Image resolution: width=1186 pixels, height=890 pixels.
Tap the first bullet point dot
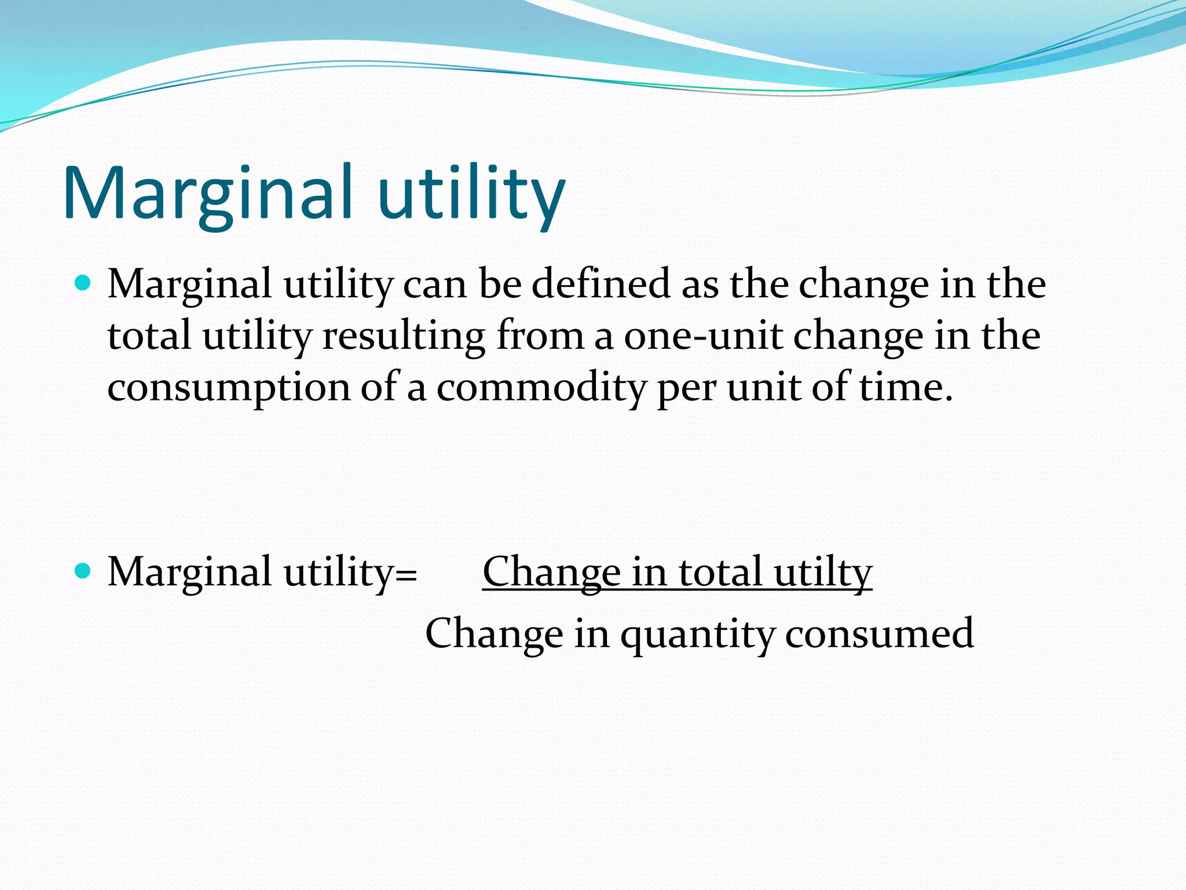(83, 283)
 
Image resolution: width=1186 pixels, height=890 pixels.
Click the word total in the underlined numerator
(720, 572)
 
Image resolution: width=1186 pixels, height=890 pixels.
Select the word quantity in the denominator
(697, 634)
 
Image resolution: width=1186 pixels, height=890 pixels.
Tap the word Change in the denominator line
(494, 634)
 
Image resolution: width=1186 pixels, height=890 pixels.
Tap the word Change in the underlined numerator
(551, 572)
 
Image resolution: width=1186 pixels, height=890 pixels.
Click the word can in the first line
(435, 285)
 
